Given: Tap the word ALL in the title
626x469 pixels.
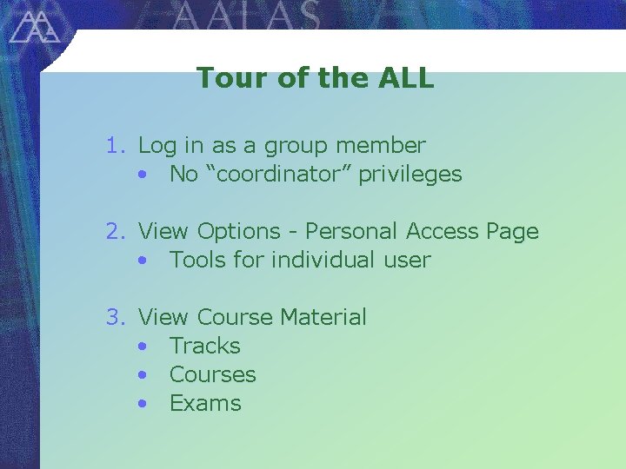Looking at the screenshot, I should click(x=406, y=78).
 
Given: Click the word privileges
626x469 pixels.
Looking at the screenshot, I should click(x=410, y=175).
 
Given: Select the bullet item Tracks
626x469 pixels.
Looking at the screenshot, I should click(x=205, y=347).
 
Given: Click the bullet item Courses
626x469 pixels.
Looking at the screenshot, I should click(x=213, y=375).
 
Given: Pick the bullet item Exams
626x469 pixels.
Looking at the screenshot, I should click(x=205, y=404).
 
